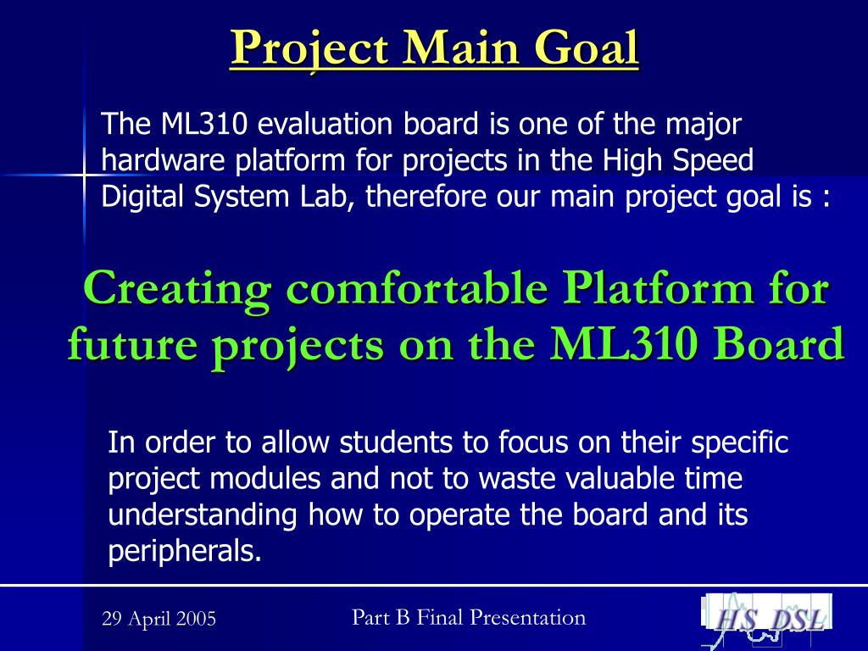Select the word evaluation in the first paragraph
[x=325, y=124]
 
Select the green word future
[x=132, y=344]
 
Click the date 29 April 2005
[x=159, y=618]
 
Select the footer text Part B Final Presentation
[x=469, y=617]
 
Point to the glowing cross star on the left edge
[x=84, y=176]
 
